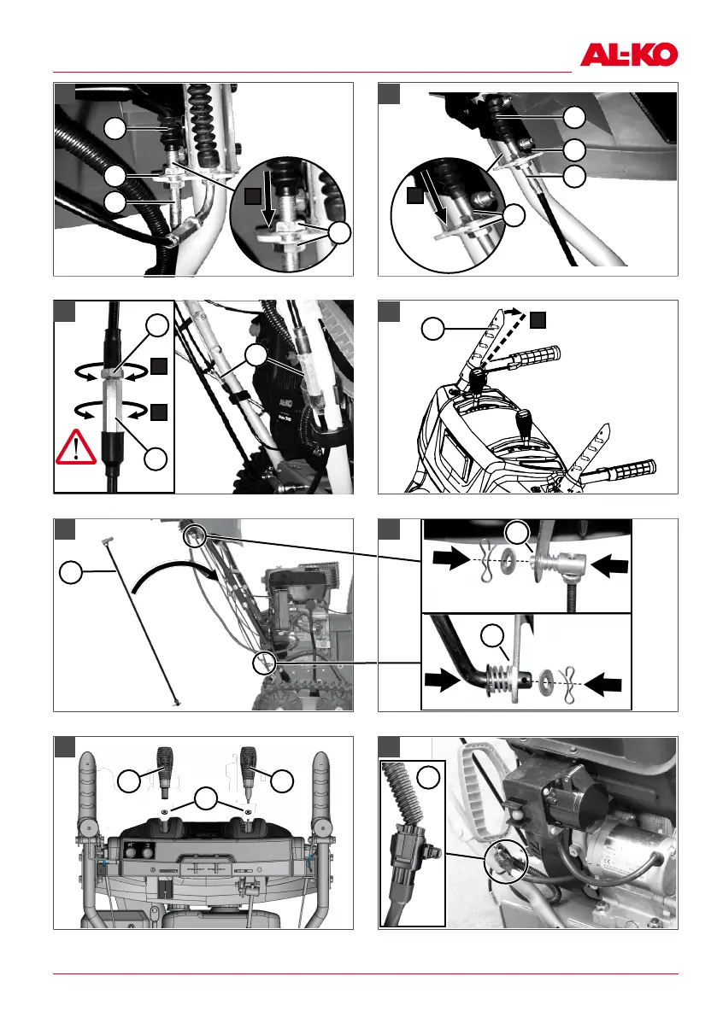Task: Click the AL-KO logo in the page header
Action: pos(629,56)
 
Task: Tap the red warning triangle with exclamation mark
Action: pos(76,447)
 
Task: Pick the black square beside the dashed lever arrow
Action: pos(538,319)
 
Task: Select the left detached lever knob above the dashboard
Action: pos(163,772)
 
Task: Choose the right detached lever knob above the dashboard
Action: pos(249,772)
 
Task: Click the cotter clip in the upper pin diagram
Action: pos(486,559)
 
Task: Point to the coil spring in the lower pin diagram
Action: pos(497,679)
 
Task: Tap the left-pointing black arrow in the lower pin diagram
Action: pos(602,684)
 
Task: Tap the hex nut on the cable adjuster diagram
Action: pos(113,374)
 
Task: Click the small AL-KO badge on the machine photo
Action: pos(285,402)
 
